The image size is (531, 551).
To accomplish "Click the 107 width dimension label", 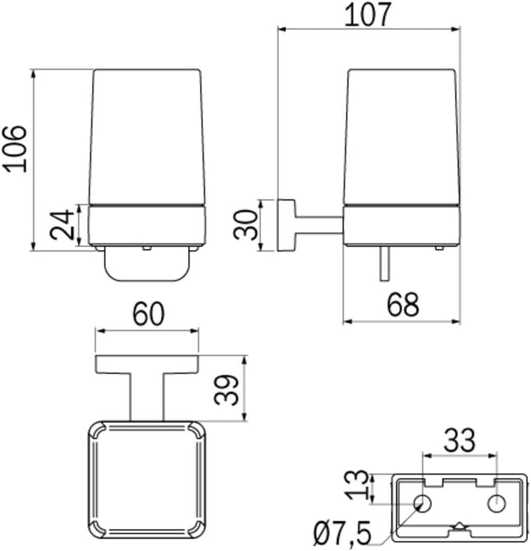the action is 367,15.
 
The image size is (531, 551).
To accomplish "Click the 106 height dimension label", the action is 15,149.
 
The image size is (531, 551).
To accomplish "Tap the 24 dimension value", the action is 63,225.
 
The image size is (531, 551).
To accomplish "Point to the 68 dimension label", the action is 403,305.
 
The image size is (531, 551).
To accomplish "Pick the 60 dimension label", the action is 148,313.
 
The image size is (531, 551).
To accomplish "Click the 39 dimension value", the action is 226,389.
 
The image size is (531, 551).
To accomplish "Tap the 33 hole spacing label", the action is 459,440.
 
